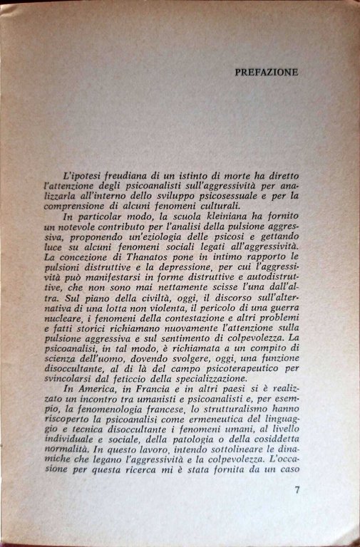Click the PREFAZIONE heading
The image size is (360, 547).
(x=266, y=72)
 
